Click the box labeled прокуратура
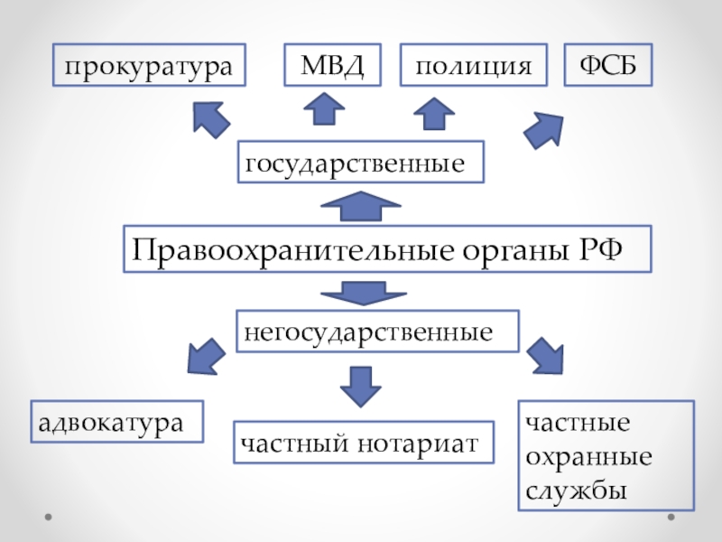tap(150, 65)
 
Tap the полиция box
tap(473, 65)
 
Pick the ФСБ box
tap(607, 65)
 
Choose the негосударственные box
tap(378, 332)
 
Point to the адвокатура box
tap(117, 422)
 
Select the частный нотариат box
tap(365, 442)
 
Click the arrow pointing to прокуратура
tap(211, 117)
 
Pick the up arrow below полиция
tap(434, 115)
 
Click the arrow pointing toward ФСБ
tap(544, 130)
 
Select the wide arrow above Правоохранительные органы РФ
tap(360, 207)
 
